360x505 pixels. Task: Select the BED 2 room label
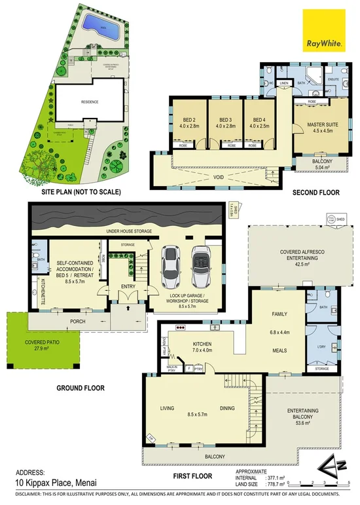click(186, 122)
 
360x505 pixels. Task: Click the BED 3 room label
click(222, 122)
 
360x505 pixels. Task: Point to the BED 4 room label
click(258, 122)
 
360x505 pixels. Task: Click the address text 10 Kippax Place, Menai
click(43, 481)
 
